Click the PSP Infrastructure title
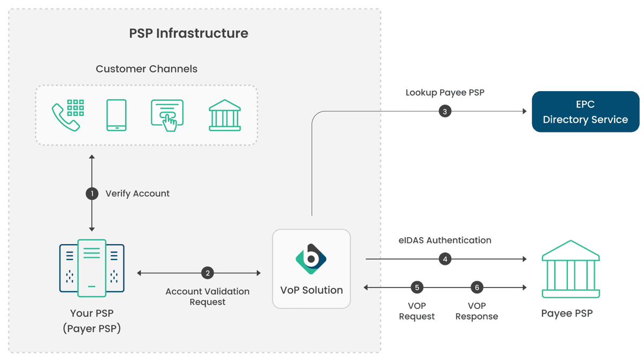[x=189, y=33]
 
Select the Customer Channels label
[x=147, y=69]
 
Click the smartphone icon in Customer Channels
[x=116, y=115]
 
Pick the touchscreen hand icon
[x=167, y=115]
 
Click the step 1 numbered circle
[x=92, y=193]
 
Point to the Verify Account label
[x=137, y=193]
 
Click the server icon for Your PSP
[x=92, y=268]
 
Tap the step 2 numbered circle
[x=207, y=273]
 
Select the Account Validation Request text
[x=207, y=297]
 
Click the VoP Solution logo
[x=311, y=259]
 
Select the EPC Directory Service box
[x=585, y=112]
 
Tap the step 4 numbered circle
[x=444, y=259]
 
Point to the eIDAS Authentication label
[x=444, y=240]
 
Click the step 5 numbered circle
[x=417, y=288]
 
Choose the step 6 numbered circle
[x=477, y=288]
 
